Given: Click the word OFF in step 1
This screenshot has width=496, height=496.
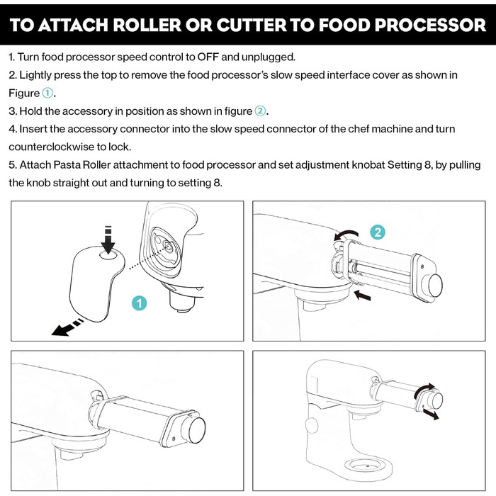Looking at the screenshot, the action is pyautogui.click(x=208, y=57).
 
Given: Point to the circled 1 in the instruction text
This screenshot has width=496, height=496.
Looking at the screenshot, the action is pyautogui.click(x=47, y=93).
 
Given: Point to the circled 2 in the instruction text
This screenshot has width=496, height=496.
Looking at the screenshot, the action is pyautogui.click(x=260, y=111).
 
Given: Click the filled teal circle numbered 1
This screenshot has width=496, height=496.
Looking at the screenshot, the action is pyautogui.click(x=139, y=303).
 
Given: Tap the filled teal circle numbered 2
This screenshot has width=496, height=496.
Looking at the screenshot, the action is pyautogui.click(x=378, y=232).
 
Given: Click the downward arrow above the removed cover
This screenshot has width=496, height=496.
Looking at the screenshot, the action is pyautogui.click(x=108, y=239).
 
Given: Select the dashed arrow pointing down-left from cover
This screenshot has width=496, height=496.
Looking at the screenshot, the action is pyautogui.click(x=67, y=327).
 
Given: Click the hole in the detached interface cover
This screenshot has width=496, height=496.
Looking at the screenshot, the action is pyautogui.click(x=108, y=254).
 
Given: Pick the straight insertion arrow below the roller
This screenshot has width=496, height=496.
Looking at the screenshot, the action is pyautogui.click(x=362, y=295).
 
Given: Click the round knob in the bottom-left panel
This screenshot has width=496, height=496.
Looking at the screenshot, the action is pyautogui.click(x=197, y=429).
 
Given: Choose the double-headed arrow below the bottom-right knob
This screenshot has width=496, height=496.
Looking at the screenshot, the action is pyautogui.click(x=431, y=414).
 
